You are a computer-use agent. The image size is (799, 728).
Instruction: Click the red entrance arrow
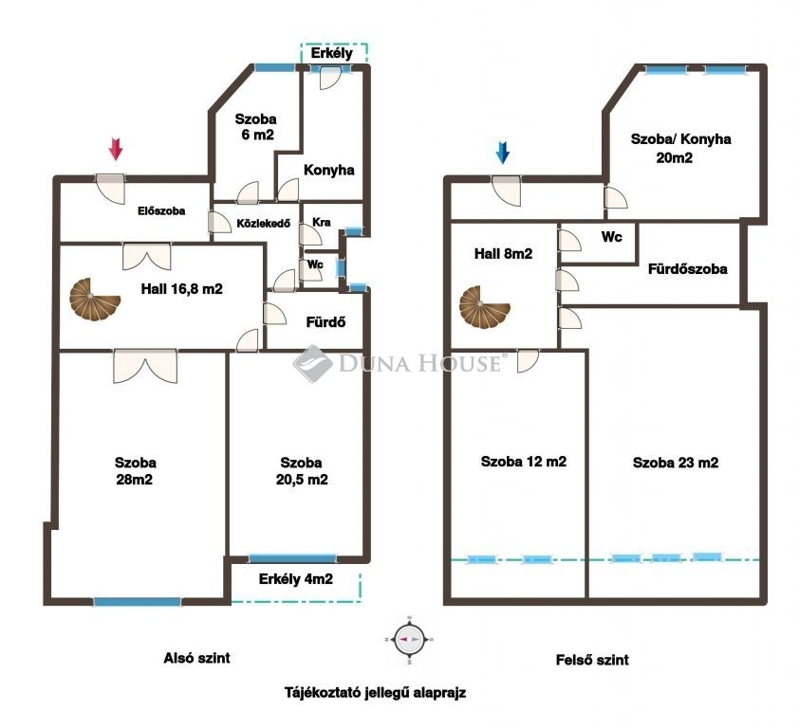coord(116,149)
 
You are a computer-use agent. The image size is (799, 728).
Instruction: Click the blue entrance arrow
coord(502,153)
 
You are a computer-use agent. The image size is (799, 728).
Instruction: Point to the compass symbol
coord(410,639)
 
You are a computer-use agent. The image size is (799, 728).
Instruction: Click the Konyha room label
coord(328,170)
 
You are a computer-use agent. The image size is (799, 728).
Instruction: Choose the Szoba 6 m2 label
coord(256,127)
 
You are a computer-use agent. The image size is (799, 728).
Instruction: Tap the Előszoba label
coord(161,210)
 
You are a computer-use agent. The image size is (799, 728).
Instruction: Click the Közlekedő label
coord(264,223)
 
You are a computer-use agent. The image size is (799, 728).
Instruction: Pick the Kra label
coord(322,222)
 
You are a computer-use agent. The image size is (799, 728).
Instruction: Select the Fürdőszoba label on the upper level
coord(687,269)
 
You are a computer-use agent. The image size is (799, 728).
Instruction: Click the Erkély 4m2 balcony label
coord(295,579)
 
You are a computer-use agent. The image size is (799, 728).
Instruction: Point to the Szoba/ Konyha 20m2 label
coord(680,148)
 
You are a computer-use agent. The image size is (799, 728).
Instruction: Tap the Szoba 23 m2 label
coord(676,463)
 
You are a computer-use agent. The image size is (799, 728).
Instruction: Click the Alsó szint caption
coord(196,658)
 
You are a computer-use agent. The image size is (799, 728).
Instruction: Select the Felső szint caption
coord(592,660)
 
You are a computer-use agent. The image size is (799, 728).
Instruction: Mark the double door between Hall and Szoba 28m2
coord(146,366)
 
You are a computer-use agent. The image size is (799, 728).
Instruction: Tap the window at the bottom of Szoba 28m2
coord(137,602)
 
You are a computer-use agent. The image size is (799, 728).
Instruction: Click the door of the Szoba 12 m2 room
coord(528,360)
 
